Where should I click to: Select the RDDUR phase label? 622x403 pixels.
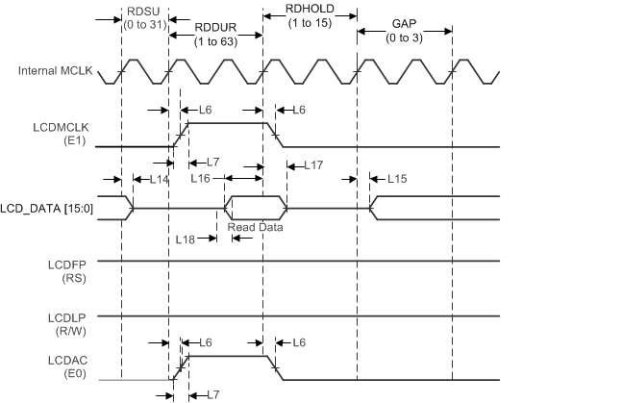tap(216, 29)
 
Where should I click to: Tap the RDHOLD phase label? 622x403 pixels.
tap(311, 9)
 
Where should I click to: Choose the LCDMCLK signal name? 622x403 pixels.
tap(59, 128)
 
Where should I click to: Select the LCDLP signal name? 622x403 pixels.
tap(59, 316)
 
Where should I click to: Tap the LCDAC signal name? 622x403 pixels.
tap(59, 359)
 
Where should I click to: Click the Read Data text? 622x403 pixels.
tap(255, 227)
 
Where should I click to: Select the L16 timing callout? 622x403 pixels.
tap(200, 179)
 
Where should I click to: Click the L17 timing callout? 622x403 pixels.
tap(313, 165)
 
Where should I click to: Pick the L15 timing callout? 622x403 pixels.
tap(395, 179)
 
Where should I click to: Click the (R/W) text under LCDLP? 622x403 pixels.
tap(59, 332)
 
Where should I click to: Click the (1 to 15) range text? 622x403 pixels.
tap(311, 23)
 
